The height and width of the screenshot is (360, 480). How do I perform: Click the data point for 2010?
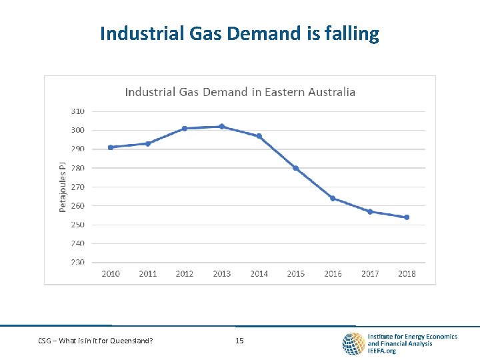pos(111,147)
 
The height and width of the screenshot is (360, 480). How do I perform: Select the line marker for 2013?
pos(222,127)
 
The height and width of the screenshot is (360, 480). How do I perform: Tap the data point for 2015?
pos(296,168)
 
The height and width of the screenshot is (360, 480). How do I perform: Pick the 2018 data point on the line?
pos(407,217)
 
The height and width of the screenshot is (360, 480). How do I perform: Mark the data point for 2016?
pos(333,199)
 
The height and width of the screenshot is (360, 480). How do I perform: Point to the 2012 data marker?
pos(185,129)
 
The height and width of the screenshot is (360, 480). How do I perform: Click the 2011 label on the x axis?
pos(148,274)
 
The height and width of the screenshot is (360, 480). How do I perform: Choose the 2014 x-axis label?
pos(259,274)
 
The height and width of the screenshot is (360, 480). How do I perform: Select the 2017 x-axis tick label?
pos(370,274)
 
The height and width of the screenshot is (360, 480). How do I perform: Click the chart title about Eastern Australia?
pos(240,92)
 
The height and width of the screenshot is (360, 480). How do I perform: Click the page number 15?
pos(239,341)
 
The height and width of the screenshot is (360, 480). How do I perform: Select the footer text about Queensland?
pos(95,341)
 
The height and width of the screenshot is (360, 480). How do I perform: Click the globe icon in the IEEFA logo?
pos(353,343)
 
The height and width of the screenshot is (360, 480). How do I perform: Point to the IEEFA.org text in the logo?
pos(382,351)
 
